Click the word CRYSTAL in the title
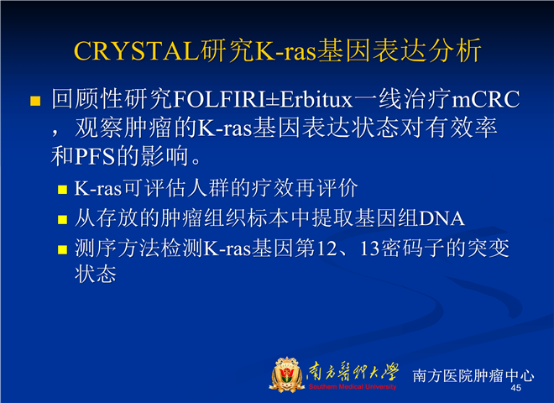coord(137,51)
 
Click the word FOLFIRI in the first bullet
coord(219,99)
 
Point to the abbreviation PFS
coord(95,157)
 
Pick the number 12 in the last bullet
coord(327,249)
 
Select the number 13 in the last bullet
coord(370,249)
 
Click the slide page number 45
coord(516,388)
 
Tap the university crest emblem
coord(286,374)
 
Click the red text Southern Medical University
coord(353,387)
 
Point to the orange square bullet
coord(35,101)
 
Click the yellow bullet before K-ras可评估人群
coord(63,190)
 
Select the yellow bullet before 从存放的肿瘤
coord(63,220)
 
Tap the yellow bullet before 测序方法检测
coord(63,250)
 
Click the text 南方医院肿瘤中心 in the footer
coord(473,375)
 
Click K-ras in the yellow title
coord(285,51)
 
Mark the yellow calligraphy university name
coord(353,372)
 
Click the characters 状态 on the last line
coord(96,275)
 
